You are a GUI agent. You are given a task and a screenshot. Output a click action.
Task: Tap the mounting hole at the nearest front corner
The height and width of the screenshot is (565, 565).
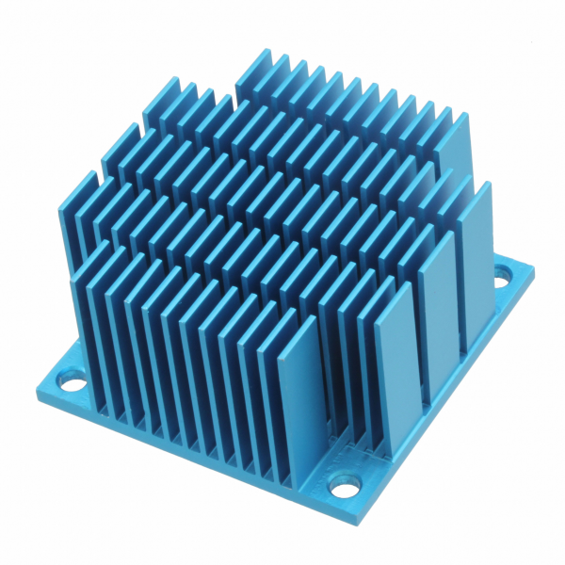point(346,488)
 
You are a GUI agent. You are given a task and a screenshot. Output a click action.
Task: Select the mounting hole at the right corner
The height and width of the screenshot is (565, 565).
point(501,277)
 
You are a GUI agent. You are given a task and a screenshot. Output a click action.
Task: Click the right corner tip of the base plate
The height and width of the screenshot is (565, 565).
point(533,271)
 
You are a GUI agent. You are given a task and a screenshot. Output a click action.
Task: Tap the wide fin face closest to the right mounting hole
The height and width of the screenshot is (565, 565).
point(479,254)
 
